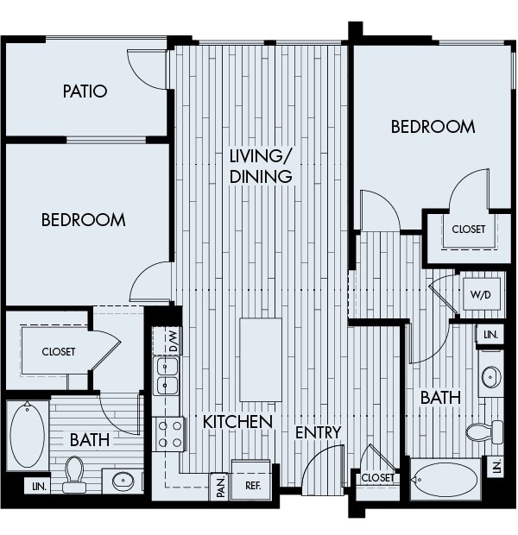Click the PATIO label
(x=85, y=91)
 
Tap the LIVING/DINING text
(x=261, y=166)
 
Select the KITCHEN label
(x=238, y=422)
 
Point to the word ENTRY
(x=318, y=431)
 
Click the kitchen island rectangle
(x=260, y=359)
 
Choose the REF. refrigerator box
(x=253, y=486)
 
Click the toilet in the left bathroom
(x=74, y=474)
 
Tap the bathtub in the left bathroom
(x=27, y=436)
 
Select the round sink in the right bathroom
(x=491, y=377)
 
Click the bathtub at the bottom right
(x=445, y=480)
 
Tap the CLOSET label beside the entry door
(x=377, y=477)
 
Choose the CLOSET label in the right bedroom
(x=468, y=230)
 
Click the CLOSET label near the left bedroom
(x=59, y=352)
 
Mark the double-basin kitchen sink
(x=166, y=376)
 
